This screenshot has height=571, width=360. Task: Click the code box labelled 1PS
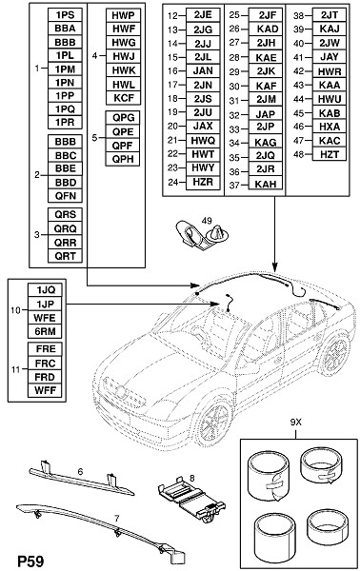tap(65, 15)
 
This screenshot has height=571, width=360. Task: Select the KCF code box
tap(124, 98)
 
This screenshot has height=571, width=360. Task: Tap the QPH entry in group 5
tap(123, 159)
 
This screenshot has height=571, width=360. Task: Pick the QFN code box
tap(65, 195)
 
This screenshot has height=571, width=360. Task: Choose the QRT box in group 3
tap(65, 256)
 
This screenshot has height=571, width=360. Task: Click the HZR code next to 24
tap(203, 182)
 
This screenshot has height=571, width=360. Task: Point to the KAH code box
tap(266, 184)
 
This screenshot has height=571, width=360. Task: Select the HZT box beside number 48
tap(330, 154)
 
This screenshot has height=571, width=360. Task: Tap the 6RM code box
tap(45, 331)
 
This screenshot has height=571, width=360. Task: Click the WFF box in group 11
tap(45, 390)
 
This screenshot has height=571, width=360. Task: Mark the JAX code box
tap(203, 127)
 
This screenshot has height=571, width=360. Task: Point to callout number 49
tap(207, 221)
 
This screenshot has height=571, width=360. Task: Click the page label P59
tap(30, 561)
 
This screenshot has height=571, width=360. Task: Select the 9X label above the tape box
tap(296, 423)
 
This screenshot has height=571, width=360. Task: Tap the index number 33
tap(234, 129)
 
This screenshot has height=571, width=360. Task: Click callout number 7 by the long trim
tap(116, 518)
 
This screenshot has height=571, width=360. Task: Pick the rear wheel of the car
tap(334, 354)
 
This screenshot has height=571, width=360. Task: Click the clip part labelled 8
tap(191, 499)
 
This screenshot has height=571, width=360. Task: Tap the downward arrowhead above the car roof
tap(275, 266)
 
